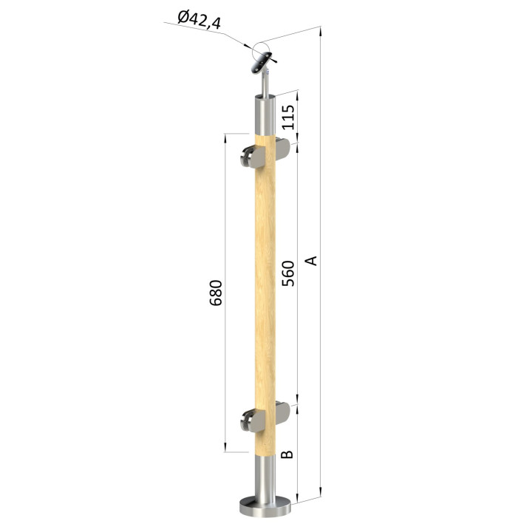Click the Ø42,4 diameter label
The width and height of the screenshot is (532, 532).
(x=199, y=20)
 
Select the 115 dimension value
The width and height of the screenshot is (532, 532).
(x=288, y=117)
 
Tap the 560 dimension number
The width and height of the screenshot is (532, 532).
(x=288, y=273)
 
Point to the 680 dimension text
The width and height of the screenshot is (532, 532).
(x=216, y=293)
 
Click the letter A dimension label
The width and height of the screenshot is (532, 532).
(x=311, y=261)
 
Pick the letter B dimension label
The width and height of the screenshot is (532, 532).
(x=287, y=454)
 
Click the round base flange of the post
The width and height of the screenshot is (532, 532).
(x=265, y=507)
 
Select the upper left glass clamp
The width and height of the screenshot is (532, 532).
(x=253, y=157)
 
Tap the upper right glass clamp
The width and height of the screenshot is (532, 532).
(x=282, y=149)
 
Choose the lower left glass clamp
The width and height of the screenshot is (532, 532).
(x=253, y=420)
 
